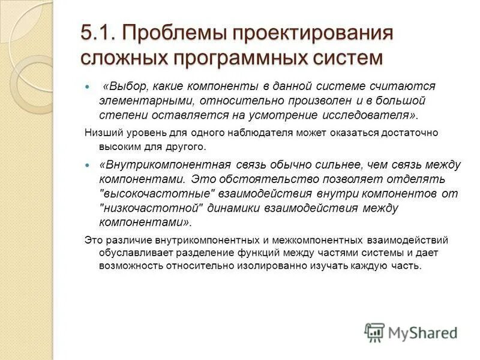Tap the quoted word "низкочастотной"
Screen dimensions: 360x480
pos(149,208)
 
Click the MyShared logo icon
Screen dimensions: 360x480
pos(374,332)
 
